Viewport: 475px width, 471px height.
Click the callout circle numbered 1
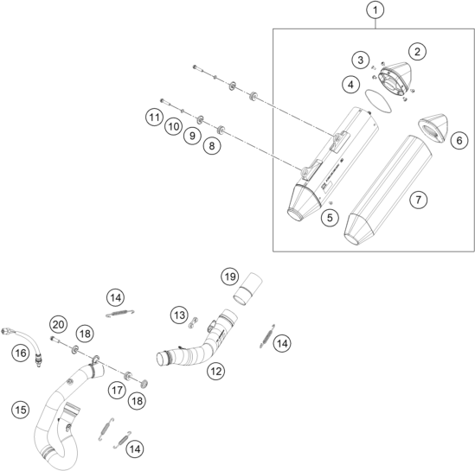(376, 10)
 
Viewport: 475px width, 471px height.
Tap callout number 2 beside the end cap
(417, 52)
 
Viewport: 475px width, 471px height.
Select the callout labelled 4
(350, 85)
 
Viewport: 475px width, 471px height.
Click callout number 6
(459, 140)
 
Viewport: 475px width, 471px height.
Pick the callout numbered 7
(419, 200)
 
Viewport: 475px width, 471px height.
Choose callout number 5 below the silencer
(330, 218)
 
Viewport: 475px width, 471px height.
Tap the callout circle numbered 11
(155, 117)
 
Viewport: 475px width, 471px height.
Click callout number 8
(212, 146)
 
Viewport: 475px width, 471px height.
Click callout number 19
(230, 277)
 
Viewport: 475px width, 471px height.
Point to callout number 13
(179, 315)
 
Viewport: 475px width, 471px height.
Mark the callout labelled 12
(216, 371)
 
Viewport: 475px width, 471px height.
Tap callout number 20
(59, 325)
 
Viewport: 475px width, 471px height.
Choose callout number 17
(117, 391)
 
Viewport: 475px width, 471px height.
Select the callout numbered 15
(21, 410)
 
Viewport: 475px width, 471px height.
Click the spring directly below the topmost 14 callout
(120, 314)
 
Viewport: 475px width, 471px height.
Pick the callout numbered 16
(21, 353)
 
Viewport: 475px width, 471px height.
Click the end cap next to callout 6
(433, 127)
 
